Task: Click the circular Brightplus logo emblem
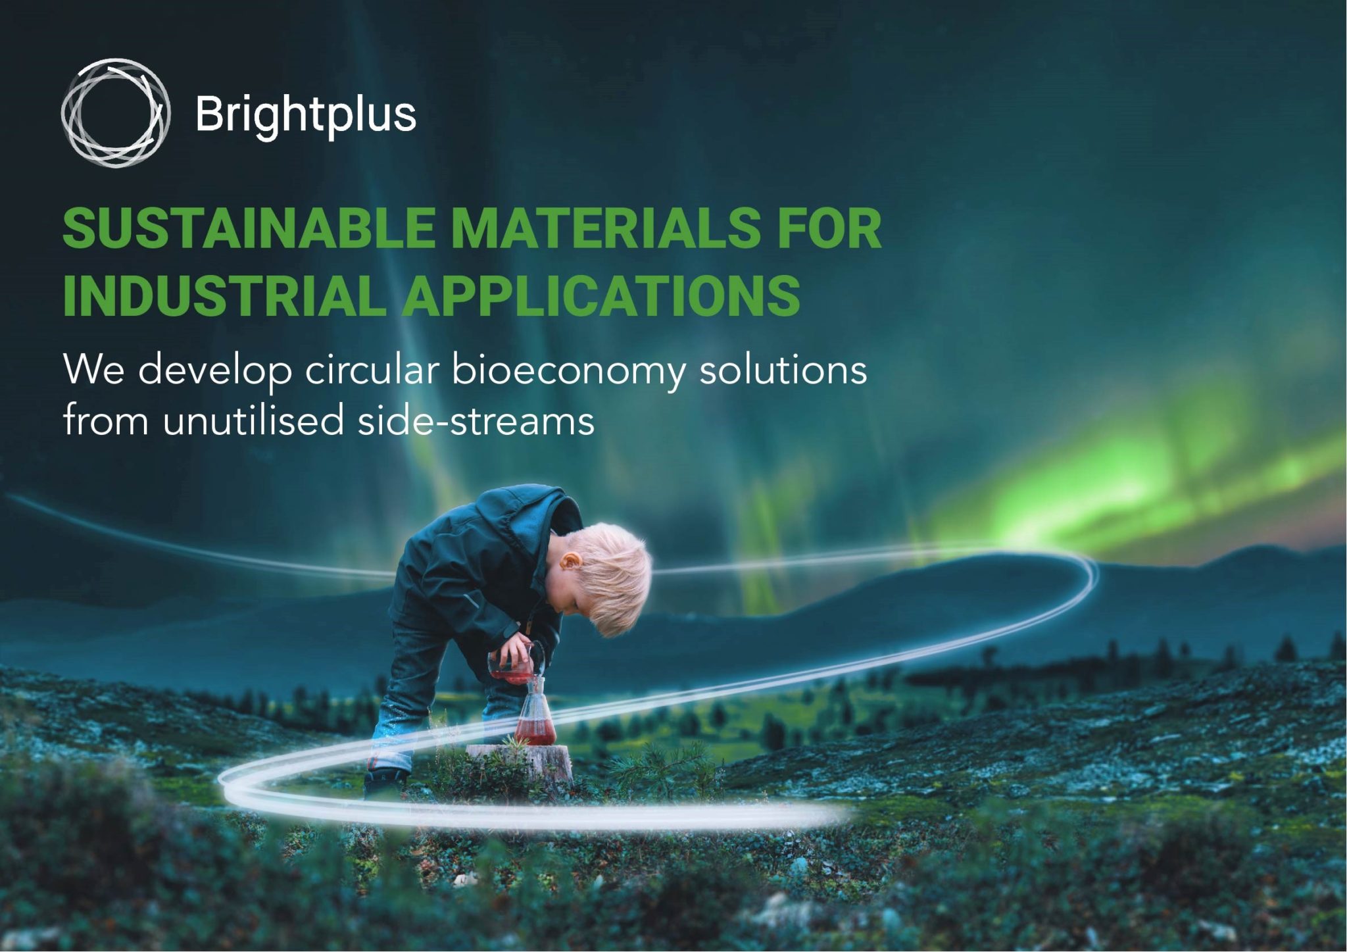point(116,113)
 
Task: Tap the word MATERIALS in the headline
point(605,228)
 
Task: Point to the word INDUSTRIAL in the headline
point(224,295)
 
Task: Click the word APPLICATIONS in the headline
point(601,295)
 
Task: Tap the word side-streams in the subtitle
point(476,420)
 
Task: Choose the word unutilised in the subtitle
point(253,420)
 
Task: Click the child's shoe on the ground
point(385,783)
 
